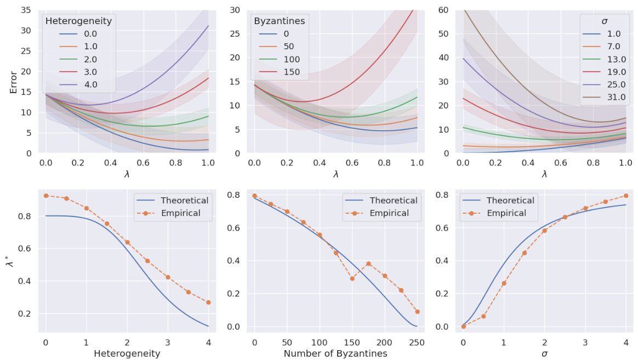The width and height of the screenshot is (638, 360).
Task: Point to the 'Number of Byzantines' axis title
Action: click(x=335, y=353)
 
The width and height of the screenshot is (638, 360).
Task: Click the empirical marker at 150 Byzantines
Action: click(x=352, y=278)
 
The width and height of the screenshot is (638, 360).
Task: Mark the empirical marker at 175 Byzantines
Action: click(x=368, y=264)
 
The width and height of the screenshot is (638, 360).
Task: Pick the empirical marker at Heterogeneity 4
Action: click(x=208, y=302)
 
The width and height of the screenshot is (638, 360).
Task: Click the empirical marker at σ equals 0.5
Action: click(x=483, y=316)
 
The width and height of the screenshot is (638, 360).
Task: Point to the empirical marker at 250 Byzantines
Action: click(x=417, y=312)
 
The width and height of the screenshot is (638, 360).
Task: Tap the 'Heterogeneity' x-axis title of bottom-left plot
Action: click(x=127, y=353)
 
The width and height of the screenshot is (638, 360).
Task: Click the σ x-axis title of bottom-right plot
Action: click(x=544, y=353)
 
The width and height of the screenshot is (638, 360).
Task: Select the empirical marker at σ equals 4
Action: click(x=625, y=196)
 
